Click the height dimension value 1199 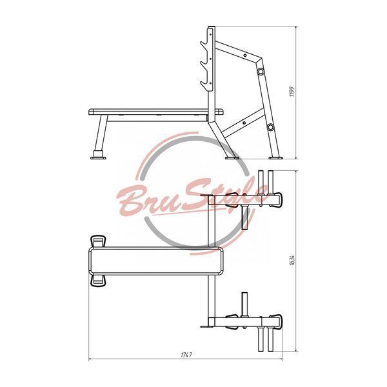click(x=292, y=92)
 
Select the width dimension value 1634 click(x=292, y=260)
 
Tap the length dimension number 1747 click(x=186, y=355)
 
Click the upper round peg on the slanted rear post click(x=261, y=72)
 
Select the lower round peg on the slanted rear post click(x=270, y=127)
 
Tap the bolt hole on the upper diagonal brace click(x=245, y=55)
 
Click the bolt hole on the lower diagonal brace click(x=244, y=123)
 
